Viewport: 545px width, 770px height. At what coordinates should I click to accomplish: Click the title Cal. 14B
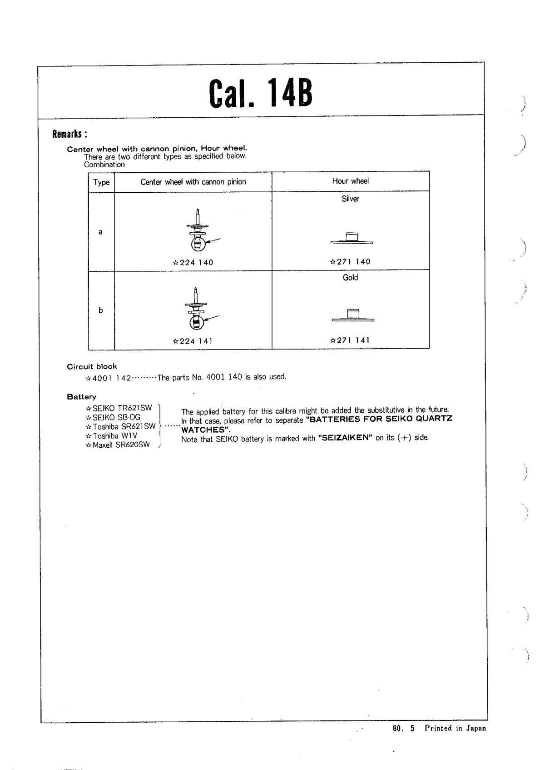[261, 93]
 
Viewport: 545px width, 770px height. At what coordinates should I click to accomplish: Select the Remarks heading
[69, 134]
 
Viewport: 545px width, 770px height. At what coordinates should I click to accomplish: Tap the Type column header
[101, 182]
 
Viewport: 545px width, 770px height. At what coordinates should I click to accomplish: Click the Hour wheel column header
[350, 181]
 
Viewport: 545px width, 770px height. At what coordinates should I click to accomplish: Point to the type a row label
[100, 232]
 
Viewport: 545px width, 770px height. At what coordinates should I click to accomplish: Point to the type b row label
[100, 310]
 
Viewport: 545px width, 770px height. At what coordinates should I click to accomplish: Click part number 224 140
[193, 262]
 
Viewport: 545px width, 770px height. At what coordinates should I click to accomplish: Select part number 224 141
[193, 341]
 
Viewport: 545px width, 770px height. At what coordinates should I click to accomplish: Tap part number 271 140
[350, 261]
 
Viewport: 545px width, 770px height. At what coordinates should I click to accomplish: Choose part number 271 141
[350, 340]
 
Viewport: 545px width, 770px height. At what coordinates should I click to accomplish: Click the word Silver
[350, 199]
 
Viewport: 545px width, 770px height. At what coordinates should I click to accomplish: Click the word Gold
[350, 277]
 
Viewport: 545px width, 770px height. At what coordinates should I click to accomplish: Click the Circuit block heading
[92, 366]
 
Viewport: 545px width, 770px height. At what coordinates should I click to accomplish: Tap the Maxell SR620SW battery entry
[118, 445]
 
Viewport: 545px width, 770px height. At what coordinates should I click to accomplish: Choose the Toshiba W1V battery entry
[112, 435]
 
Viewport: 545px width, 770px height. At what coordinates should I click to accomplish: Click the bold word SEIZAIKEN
[346, 438]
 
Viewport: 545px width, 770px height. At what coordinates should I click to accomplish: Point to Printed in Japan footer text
[455, 728]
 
